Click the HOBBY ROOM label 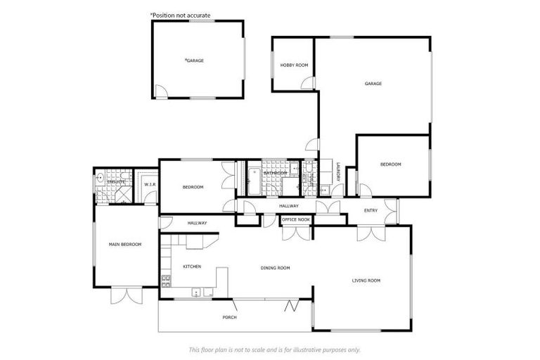294,65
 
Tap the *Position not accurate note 180,15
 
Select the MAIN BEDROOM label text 125,244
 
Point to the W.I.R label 149,185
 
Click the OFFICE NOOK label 295,219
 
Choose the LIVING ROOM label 366,281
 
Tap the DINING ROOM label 275,268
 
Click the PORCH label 229,317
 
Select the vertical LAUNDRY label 338,173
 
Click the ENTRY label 371,210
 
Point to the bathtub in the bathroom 254,180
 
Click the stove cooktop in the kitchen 167,282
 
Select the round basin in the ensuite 101,178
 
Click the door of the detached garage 160,91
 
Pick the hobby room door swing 308,84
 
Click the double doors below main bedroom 125,294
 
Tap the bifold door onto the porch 291,307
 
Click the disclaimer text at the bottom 274,349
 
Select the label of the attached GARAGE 373,84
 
